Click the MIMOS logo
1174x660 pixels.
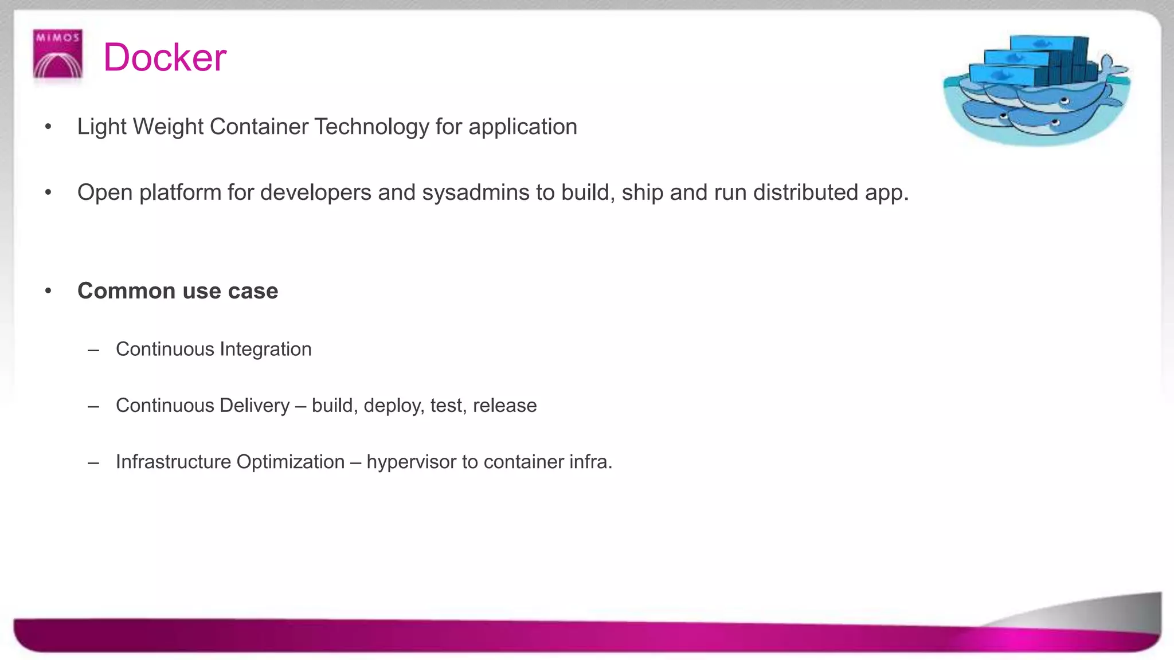click(58, 54)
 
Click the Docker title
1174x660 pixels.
click(165, 57)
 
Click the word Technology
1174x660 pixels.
click(371, 127)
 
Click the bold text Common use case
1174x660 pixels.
click(178, 291)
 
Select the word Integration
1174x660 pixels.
click(265, 349)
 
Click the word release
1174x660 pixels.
click(504, 406)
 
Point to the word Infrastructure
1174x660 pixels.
click(173, 462)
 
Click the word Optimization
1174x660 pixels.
click(290, 462)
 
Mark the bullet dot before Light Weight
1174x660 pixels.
click(49, 127)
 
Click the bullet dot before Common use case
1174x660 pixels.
click(49, 291)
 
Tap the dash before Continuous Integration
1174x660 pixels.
click(93, 349)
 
